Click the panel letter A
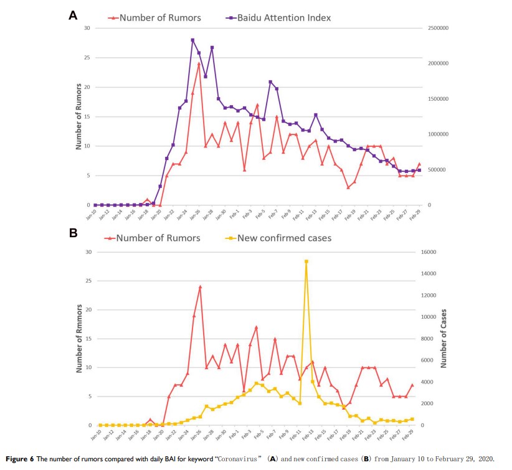coord(73,16)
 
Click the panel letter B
coord(73,233)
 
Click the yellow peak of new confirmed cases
coord(306,261)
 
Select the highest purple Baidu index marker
coord(192,40)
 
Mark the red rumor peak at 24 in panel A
coord(199,63)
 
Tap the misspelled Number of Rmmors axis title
coord(80,340)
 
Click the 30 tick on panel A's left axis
coord(87,29)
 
